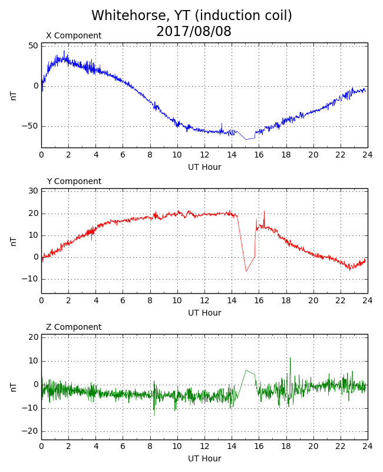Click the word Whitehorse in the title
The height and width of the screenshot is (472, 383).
[x=128, y=15]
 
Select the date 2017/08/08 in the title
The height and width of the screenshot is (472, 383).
[x=194, y=31]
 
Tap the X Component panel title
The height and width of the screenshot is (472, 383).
[x=74, y=35]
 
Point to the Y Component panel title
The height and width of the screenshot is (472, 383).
[x=74, y=181]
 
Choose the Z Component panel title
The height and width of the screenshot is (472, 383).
[x=74, y=327]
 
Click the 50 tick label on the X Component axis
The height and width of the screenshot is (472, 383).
[x=34, y=46]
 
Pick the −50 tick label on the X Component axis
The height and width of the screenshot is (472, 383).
[x=30, y=126]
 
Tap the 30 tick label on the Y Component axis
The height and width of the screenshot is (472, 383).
[x=34, y=191]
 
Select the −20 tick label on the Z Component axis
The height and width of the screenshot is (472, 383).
[x=30, y=431]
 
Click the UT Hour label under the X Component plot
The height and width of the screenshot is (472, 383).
[x=204, y=167]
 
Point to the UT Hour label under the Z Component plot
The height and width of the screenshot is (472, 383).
[x=204, y=458]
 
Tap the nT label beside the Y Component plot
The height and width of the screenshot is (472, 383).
[x=14, y=241]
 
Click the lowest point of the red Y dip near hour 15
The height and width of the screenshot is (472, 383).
[x=246, y=271]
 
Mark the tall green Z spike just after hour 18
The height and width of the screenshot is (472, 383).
[x=290, y=358]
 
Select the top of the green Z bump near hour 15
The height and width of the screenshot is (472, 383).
[x=246, y=371]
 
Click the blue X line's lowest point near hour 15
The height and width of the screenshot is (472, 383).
[x=246, y=140]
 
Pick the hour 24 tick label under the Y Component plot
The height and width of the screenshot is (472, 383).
[x=368, y=300]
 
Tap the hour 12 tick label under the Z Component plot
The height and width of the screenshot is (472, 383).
[x=204, y=446]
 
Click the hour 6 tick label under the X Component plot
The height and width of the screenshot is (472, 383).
[x=123, y=155]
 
